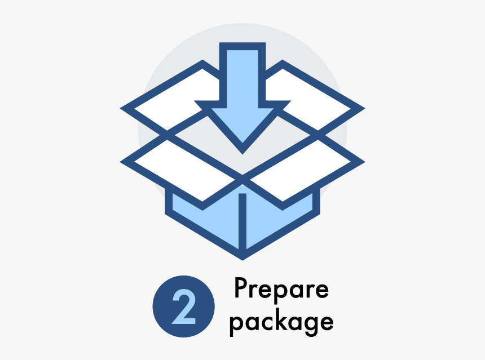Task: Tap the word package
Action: (x=281, y=322)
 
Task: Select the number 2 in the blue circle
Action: (x=183, y=306)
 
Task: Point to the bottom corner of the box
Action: (x=242, y=256)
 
